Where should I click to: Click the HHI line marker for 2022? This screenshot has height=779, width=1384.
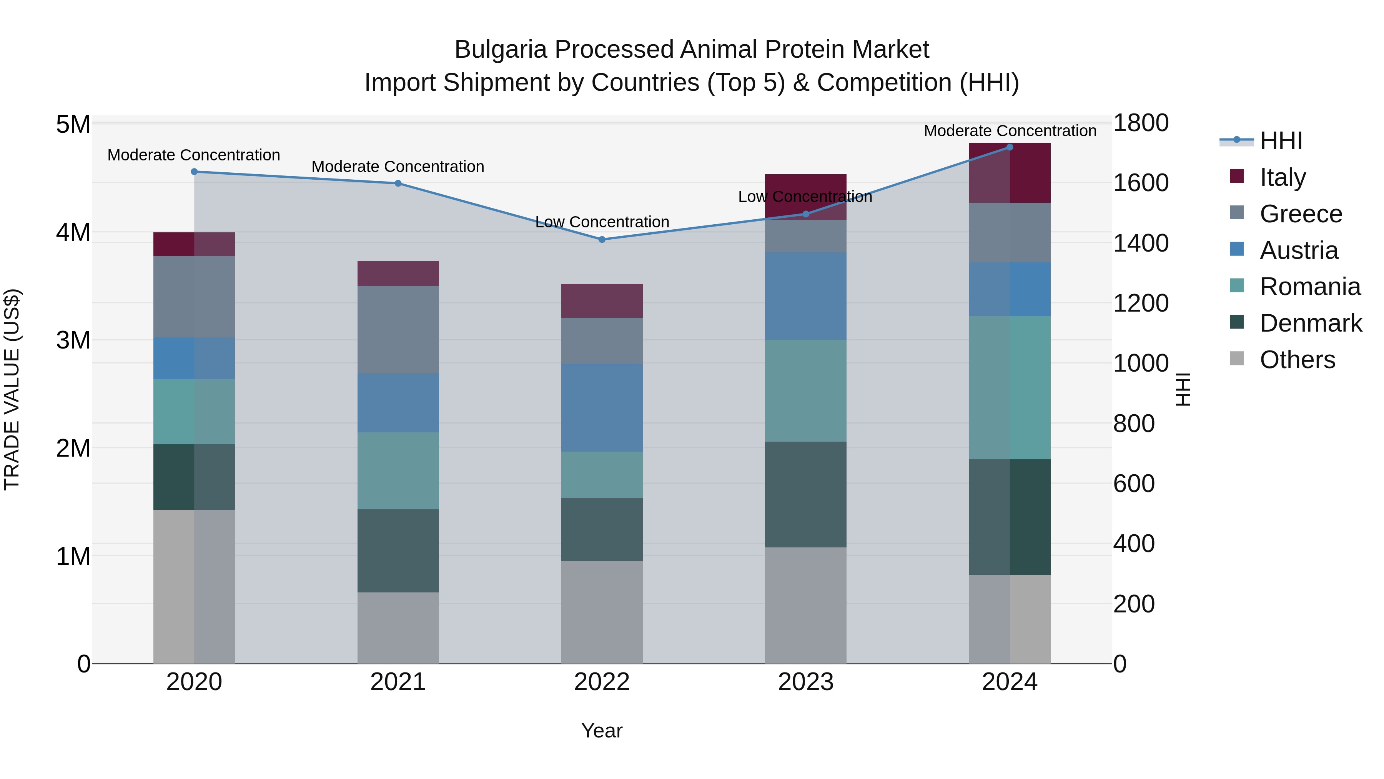602,239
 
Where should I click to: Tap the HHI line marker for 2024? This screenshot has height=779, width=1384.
1009,147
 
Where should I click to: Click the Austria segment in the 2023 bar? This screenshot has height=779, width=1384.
805,296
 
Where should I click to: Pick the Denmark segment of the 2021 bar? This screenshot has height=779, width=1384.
398,550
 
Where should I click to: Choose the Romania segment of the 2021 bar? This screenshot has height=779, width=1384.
398,470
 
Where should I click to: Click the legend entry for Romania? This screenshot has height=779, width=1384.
1309,287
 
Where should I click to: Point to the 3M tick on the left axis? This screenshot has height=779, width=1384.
73,340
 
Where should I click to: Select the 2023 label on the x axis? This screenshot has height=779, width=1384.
805,682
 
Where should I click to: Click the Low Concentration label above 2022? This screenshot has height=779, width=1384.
602,222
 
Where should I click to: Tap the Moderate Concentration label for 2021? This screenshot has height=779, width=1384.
398,167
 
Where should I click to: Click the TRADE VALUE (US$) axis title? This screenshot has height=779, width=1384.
12,389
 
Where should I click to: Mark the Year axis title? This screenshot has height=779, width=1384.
602,731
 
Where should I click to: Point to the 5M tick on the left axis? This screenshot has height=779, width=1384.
73,124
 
